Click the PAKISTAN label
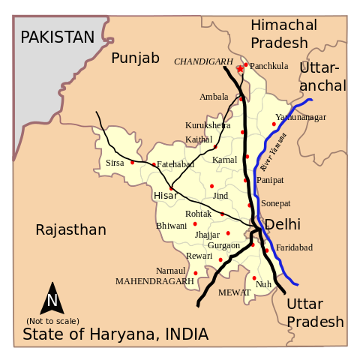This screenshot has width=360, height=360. point(58,37)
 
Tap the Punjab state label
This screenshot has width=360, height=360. point(136,58)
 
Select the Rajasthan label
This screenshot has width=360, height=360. point(71,229)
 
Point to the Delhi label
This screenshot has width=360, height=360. point(282,224)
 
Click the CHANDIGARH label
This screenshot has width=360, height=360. point(203,61)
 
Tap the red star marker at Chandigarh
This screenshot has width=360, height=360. point(240,69)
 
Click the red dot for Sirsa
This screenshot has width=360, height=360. point(133,162)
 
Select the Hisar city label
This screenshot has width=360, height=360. point(165,196)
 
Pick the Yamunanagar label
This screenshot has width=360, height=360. point(301,117)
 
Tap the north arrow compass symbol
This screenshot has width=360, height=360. point(52,299)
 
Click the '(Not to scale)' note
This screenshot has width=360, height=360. point(52,321)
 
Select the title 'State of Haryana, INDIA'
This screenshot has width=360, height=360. point(115,334)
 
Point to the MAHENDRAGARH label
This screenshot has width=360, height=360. point(154,281)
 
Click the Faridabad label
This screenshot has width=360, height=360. point(294,247)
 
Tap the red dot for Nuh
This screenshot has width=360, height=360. point(254,278)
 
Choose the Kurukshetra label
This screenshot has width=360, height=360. point(208,125)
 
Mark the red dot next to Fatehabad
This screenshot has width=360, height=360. point(154,165)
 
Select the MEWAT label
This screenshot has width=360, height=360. point(234,292)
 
